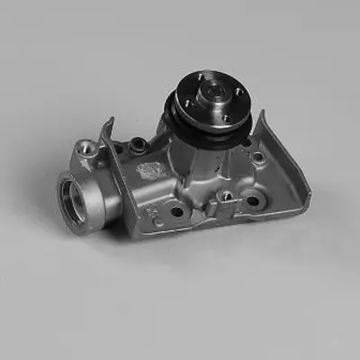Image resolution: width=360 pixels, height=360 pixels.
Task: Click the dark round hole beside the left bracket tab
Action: (x=137, y=144)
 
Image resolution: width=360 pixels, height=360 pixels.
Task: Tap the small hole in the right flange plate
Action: (x=258, y=157)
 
